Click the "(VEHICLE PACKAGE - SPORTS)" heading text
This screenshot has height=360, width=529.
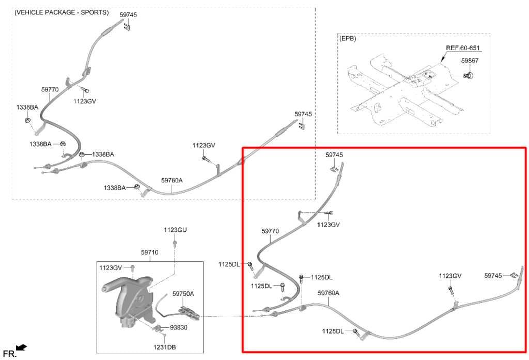(61, 12)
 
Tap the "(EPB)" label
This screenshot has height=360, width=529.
(348, 38)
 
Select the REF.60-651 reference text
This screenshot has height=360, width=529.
(463, 48)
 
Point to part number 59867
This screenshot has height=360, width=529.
(470, 61)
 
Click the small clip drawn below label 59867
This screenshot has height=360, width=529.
(469, 75)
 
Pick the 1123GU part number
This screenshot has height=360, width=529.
(175, 230)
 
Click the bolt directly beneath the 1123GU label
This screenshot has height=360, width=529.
(175, 243)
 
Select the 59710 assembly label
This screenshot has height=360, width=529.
(149, 252)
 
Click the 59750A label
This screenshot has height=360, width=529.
(183, 293)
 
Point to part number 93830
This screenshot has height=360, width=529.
(178, 327)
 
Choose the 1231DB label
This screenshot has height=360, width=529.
(165, 347)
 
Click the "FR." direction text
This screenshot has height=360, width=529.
(9, 354)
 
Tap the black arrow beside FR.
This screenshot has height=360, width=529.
(22, 347)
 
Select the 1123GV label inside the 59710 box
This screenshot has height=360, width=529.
(111, 268)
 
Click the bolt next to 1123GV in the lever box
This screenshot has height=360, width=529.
(133, 268)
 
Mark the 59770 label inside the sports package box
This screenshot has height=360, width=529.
(50, 89)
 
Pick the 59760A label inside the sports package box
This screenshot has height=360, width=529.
(172, 180)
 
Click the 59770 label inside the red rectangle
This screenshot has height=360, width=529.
(270, 231)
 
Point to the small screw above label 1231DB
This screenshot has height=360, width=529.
(164, 336)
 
